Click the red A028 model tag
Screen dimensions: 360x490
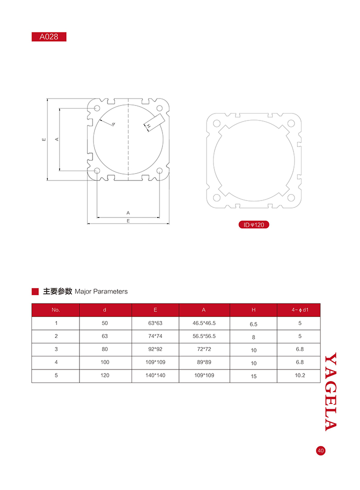(x=49, y=37)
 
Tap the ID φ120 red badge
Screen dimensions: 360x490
(x=254, y=224)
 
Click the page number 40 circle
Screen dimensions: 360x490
(x=320, y=450)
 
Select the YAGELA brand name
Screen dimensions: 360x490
(x=330, y=392)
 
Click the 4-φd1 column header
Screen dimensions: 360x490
(x=299, y=310)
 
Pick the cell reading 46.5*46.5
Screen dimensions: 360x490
(x=204, y=323)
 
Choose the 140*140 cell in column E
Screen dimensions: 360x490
(x=155, y=375)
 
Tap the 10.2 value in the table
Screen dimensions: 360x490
(x=299, y=375)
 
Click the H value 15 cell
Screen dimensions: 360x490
(x=253, y=376)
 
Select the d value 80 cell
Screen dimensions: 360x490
(x=104, y=349)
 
